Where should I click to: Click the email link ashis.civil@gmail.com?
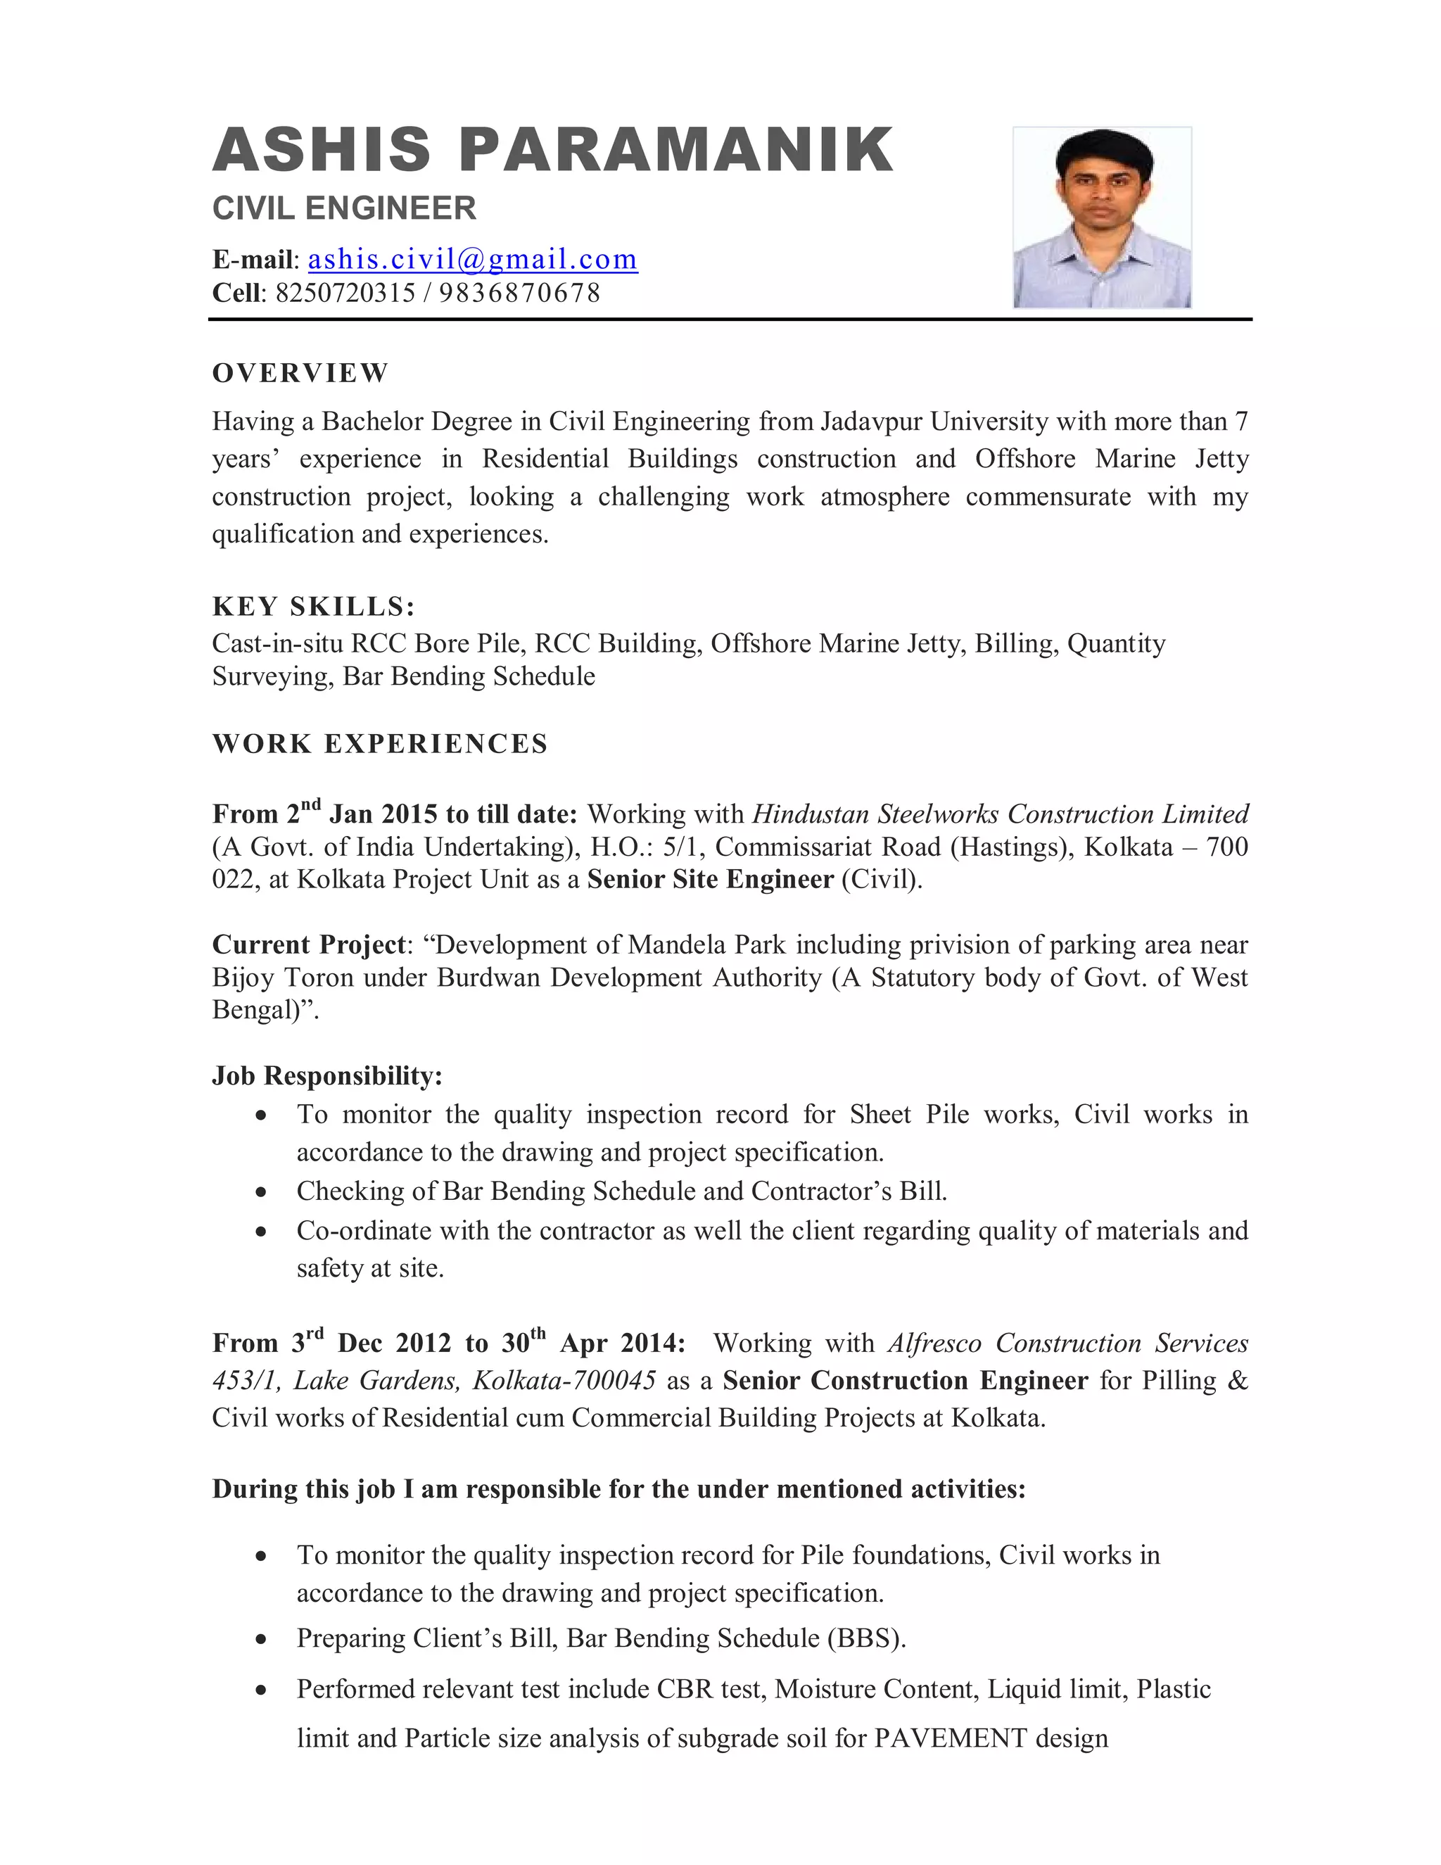click(472, 259)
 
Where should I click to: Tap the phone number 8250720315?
click(345, 293)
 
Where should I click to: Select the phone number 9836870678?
click(519, 293)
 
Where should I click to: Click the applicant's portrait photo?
click(1101, 217)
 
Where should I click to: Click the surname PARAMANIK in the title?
click(675, 149)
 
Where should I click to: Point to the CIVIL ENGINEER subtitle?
click(344, 208)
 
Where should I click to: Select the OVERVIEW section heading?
click(300, 373)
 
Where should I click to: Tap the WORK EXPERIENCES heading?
click(380, 744)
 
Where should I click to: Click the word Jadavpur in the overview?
click(872, 422)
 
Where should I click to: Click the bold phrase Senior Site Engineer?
click(710, 880)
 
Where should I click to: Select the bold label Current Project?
click(308, 944)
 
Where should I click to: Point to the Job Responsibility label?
click(327, 1075)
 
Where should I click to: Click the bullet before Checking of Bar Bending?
click(261, 1192)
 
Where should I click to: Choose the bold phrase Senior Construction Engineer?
click(905, 1381)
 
